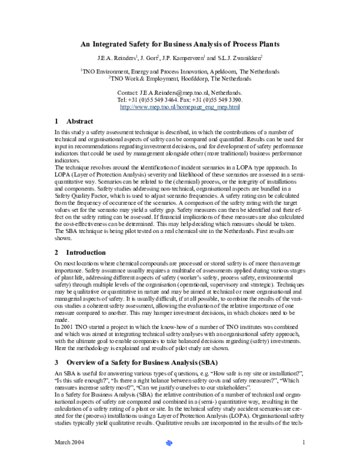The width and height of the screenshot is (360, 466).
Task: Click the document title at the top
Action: (180, 45)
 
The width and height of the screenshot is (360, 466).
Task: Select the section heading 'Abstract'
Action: (80, 121)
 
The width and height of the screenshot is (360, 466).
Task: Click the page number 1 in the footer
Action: (305, 459)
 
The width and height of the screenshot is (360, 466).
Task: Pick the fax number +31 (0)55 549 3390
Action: (217, 100)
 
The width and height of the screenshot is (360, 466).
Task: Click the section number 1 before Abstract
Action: (56, 121)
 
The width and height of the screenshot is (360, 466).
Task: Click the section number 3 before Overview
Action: (56, 363)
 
